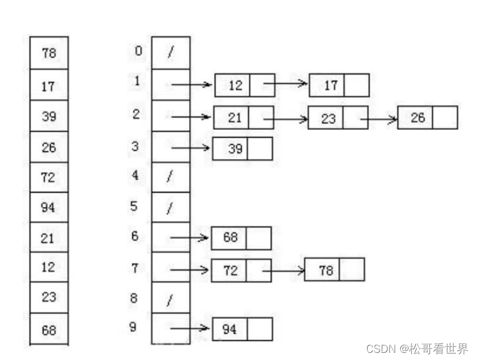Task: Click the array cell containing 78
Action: (x=49, y=53)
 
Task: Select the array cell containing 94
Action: (x=49, y=207)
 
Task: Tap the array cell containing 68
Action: (x=49, y=329)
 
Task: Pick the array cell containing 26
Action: (x=49, y=147)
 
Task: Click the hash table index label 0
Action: (x=138, y=51)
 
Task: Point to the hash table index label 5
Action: (x=135, y=206)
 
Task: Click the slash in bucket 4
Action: (x=170, y=177)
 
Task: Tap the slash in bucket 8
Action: (x=170, y=299)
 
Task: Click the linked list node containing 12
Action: (x=244, y=85)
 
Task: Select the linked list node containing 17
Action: (x=339, y=85)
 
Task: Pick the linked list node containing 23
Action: (x=337, y=118)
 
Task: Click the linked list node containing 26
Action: (x=427, y=117)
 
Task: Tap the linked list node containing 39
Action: (x=242, y=149)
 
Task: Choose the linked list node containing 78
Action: (x=334, y=270)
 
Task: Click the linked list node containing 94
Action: (x=242, y=329)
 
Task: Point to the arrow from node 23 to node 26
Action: (x=378, y=119)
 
